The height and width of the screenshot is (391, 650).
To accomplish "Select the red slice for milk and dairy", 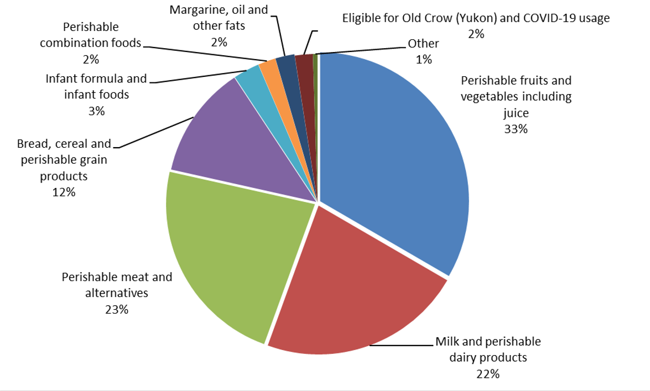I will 354,288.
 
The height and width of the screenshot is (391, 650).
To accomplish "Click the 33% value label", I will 516,129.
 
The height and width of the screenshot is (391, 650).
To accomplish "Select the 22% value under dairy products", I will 487,374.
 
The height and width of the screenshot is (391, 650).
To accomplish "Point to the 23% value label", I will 117,309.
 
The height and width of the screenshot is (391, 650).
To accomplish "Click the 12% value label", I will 64,192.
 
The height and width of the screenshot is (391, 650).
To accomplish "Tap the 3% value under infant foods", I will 96,111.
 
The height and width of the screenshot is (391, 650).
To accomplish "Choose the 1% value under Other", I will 423,59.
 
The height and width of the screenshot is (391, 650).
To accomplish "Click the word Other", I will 423,44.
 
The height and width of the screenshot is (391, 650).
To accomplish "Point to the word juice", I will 516,113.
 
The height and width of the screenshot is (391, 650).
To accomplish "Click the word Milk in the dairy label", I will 447,341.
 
